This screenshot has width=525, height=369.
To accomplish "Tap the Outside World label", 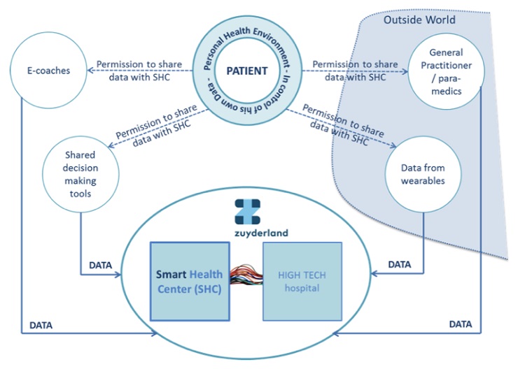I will pos(419,20).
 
